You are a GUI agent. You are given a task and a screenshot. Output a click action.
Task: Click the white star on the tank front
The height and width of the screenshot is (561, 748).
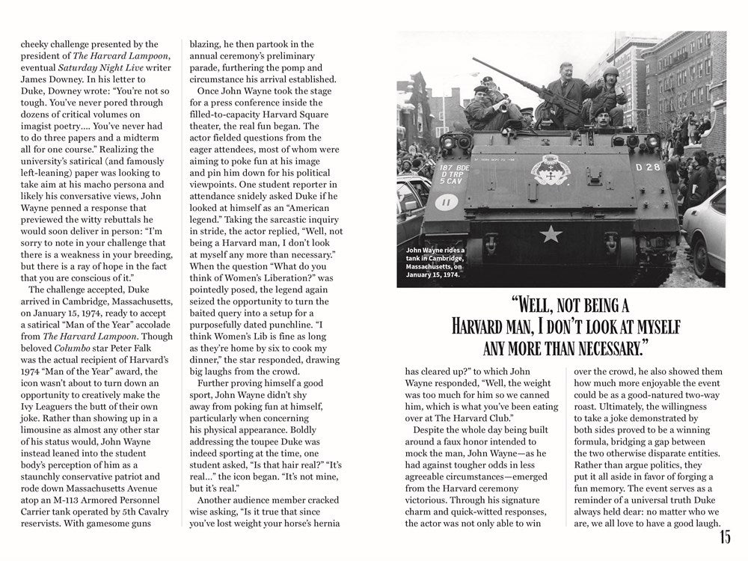coord(551,234)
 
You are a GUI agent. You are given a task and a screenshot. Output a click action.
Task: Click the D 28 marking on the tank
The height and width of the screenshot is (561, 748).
coord(648,167)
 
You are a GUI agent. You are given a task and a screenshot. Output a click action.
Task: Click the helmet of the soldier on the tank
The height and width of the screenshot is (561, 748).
coord(612,72)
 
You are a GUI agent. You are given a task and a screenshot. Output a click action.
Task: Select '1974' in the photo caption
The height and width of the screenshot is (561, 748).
coord(449,275)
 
